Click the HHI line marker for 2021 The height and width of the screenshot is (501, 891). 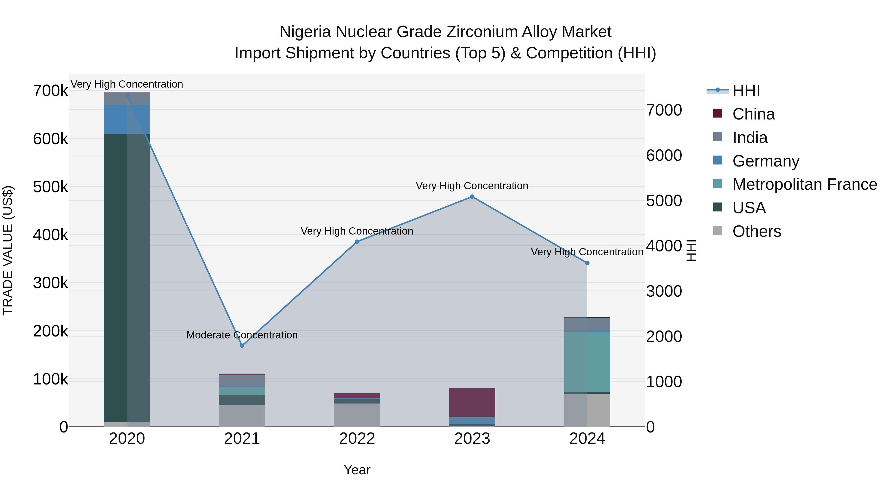(242, 345)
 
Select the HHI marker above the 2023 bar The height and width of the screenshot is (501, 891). (472, 197)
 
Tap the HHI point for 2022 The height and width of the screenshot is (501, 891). (357, 242)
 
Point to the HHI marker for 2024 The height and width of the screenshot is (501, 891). (587, 263)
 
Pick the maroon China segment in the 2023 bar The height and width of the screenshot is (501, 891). (472, 402)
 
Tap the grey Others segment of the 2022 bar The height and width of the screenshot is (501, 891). (357, 415)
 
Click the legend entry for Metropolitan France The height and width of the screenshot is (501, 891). (805, 184)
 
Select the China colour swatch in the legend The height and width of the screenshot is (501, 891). (718, 113)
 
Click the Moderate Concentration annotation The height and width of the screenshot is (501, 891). (242, 335)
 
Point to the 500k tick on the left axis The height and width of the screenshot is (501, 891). (50, 187)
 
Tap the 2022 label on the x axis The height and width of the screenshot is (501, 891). (357, 439)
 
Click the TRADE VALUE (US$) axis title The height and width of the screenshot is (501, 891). (8, 250)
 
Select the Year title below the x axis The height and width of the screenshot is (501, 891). (357, 470)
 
